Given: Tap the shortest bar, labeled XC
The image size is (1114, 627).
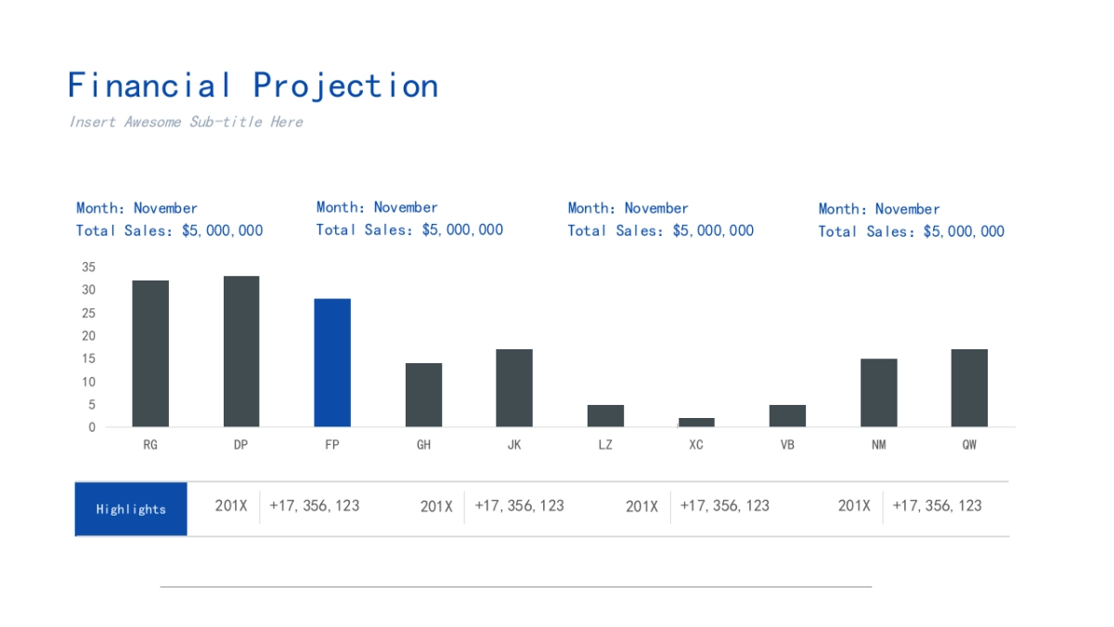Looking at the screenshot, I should click(696, 423).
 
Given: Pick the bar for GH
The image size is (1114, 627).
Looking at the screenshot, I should click(423, 395).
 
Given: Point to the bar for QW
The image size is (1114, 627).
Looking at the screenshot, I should click(969, 388).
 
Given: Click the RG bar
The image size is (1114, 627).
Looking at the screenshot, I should click(150, 354).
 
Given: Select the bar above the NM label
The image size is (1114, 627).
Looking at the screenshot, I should click(878, 393).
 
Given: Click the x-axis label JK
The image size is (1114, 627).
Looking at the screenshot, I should click(514, 445).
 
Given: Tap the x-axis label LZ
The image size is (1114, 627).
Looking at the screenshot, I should click(605, 445).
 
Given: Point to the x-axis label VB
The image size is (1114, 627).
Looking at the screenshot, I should click(787, 445).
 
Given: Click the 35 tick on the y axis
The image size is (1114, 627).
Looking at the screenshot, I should click(89, 267).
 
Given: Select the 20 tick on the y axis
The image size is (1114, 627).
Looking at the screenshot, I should click(89, 335).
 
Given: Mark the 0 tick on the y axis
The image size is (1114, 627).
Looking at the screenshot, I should click(92, 427).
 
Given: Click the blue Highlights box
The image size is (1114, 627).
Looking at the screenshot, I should click(131, 509).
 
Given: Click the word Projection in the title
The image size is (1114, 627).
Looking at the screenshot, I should click(345, 85).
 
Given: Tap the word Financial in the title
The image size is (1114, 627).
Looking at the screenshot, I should click(149, 85).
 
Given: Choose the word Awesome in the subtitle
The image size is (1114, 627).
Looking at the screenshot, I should click(153, 122).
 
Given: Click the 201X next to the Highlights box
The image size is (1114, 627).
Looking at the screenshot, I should click(231, 505).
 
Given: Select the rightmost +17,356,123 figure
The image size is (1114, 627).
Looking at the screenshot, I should click(937, 505).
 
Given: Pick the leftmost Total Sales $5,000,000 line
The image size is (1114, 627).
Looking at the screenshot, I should click(170, 230).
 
